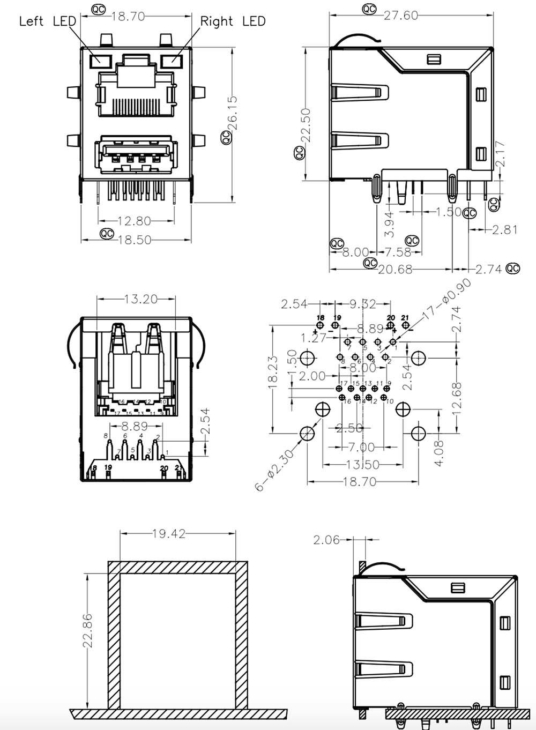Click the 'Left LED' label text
[48, 21]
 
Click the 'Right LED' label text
[233, 21]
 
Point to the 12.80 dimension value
[134, 221]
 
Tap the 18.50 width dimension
[134, 240]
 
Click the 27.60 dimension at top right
[401, 16]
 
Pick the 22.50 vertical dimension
[306, 125]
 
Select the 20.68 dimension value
[395, 269]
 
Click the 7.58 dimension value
[398, 252]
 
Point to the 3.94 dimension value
[390, 224]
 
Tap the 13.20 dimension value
[141, 299]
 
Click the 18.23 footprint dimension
[273, 370]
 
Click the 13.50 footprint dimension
[362, 464]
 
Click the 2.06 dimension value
[326, 540]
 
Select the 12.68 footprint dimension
[456, 394]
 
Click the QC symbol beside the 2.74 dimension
[513, 268]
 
